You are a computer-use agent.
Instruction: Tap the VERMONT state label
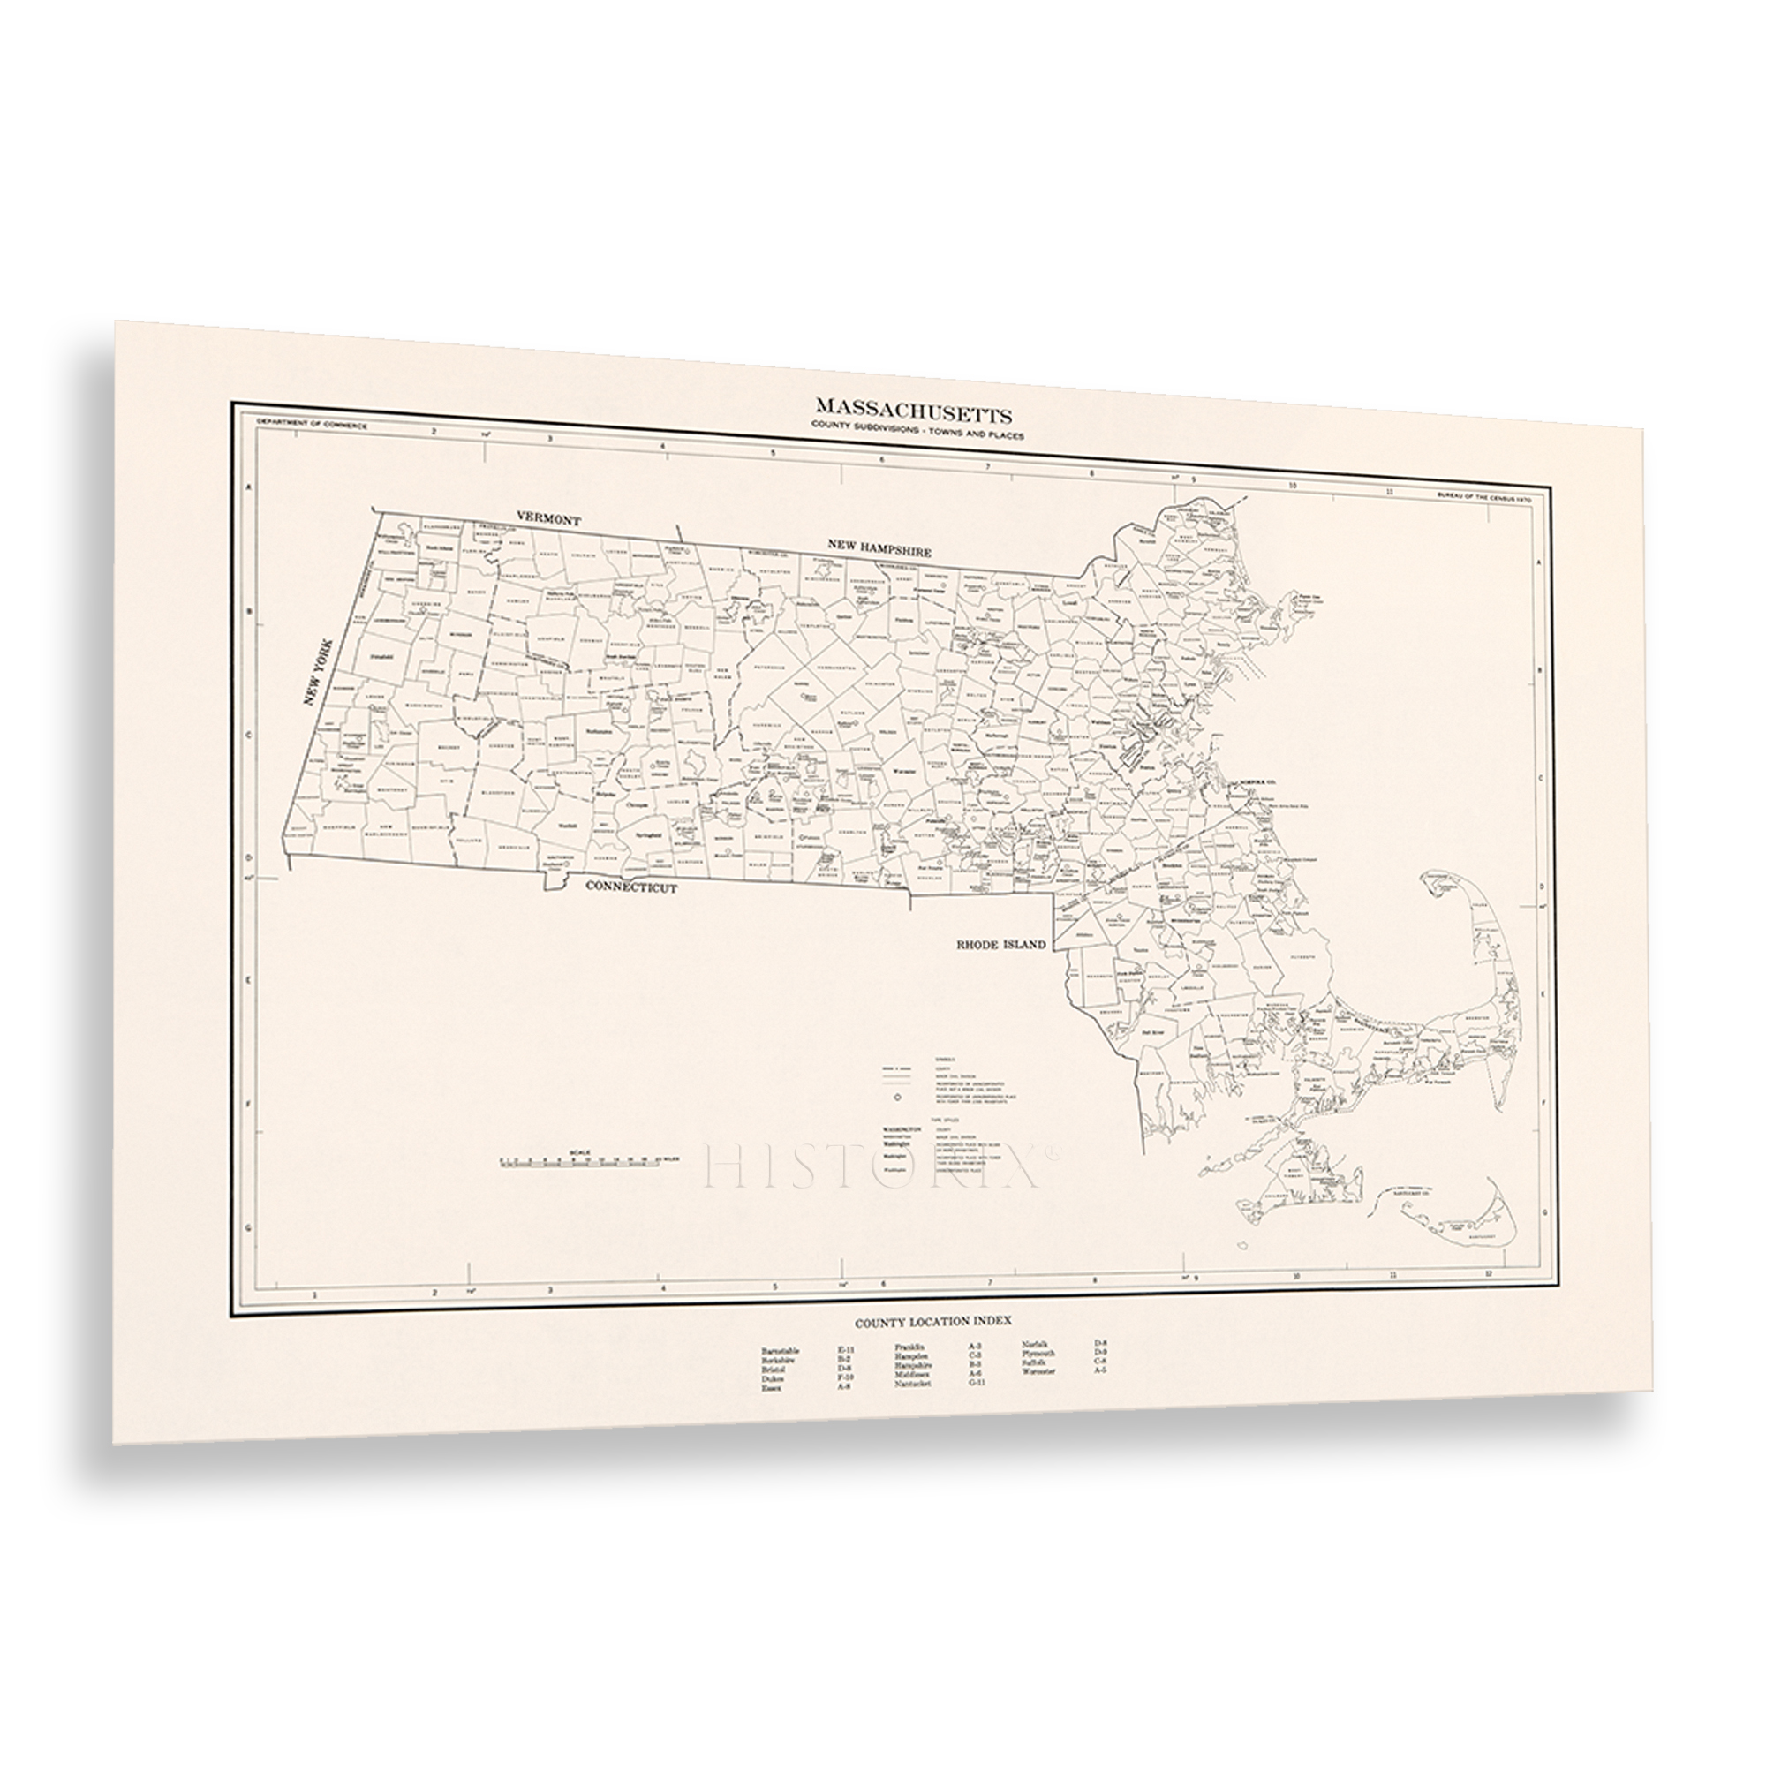[548, 518]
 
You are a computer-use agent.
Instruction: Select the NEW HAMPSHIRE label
[879, 548]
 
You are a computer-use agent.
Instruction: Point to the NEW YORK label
[319, 672]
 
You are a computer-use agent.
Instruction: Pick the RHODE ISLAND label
[1001, 945]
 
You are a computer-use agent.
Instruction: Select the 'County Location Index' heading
[932, 1323]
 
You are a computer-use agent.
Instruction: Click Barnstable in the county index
[781, 1350]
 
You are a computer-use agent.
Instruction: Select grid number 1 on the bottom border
[313, 1294]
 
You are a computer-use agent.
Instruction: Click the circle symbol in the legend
[898, 1094]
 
